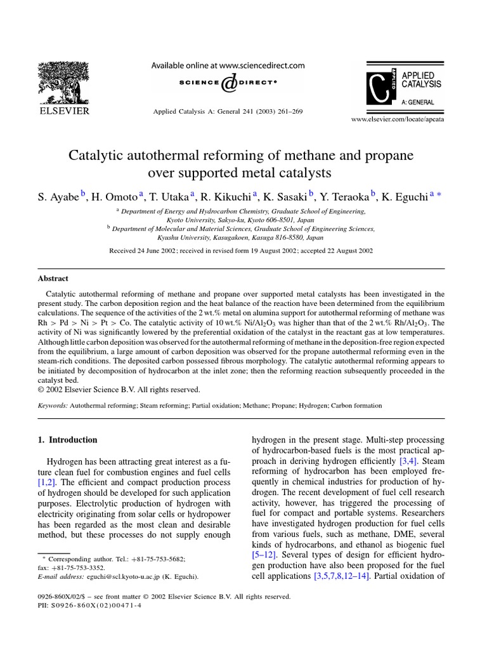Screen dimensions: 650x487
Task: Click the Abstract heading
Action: point(53,278)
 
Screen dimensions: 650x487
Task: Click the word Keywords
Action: point(52,404)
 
